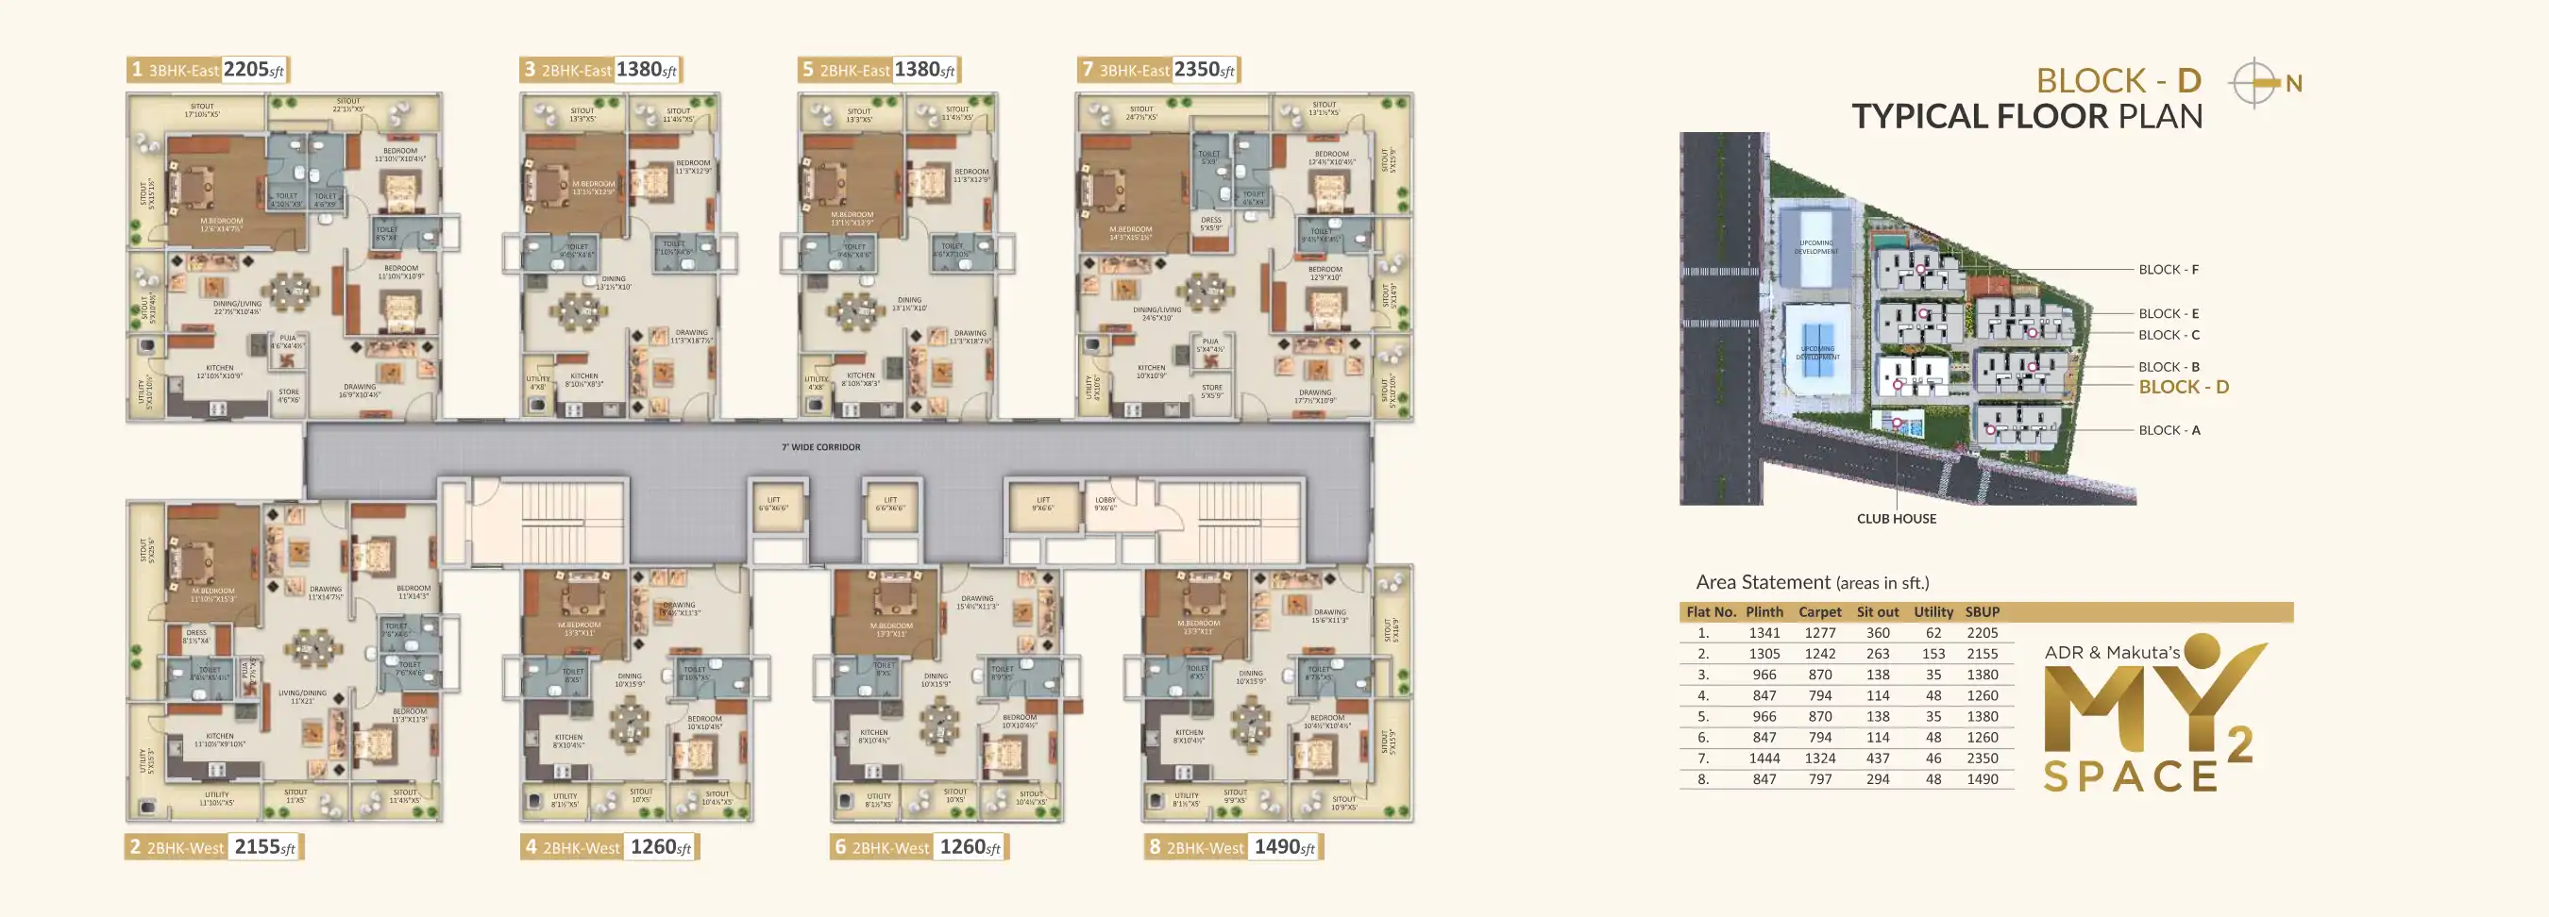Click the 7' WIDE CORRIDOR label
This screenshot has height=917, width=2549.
[820, 447]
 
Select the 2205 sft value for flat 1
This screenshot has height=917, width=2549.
[253, 69]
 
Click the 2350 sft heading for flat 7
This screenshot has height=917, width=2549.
[1205, 69]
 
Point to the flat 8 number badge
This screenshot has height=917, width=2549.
[1154, 848]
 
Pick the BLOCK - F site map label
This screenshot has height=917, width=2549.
[2168, 269]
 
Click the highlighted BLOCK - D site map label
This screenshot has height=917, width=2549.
[2183, 387]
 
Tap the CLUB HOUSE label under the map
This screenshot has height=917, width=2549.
[1896, 518]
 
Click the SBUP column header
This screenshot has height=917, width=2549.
[1982, 612]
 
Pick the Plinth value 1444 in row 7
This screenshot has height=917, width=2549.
[1764, 759]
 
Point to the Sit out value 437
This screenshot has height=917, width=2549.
[1877, 759]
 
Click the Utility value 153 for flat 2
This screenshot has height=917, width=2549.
[1933, 654]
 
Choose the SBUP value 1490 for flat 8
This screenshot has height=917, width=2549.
[1982, 779]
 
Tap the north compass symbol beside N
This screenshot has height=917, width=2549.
[2254, 83]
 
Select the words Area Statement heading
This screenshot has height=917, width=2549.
[1763, 583]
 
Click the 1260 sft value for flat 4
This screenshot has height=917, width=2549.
[660, 847]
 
